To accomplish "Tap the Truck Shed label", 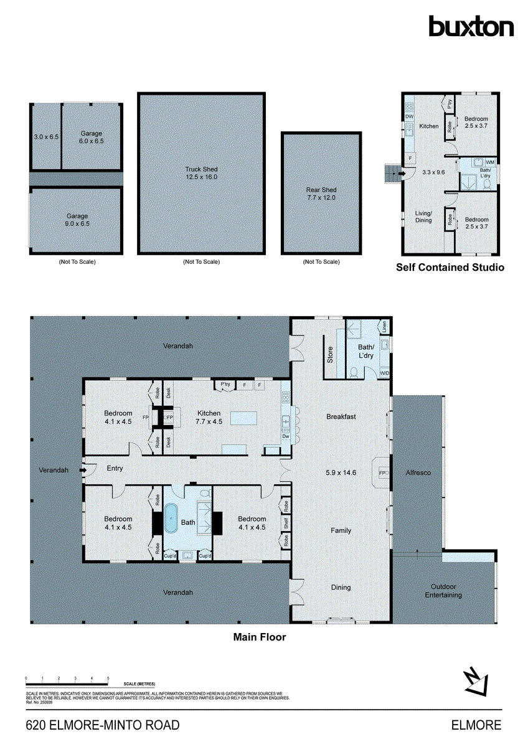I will (201, 173).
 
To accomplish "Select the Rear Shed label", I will (321, 194).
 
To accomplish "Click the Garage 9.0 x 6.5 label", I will (78, 220).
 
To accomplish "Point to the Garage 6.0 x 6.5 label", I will (92, 137).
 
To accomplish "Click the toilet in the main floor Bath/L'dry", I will (354, 372).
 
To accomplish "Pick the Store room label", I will (330, 354).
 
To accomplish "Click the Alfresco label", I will (418, 472).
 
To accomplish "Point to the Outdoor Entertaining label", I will (444, 591).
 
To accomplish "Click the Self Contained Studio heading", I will (450, 267).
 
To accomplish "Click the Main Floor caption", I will (259, 637).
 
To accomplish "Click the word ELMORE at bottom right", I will (476, 725).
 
